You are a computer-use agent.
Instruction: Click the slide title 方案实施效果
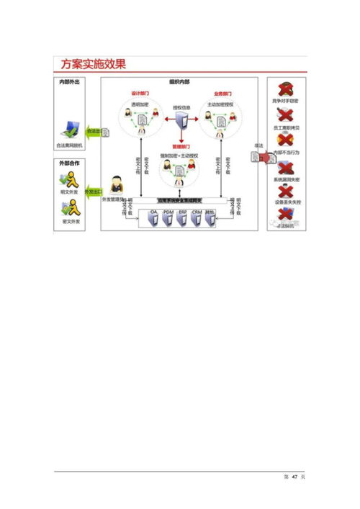[x=93, y=64]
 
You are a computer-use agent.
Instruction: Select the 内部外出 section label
[x=70, y=82]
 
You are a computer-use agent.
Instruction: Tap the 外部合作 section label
[x=70, y=165]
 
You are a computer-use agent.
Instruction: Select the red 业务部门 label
[x=223, y=94]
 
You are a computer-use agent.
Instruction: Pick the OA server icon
[x=153, y=219]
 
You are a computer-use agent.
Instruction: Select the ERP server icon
[x=181, y=219]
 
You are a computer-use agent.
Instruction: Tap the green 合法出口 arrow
[x=93, y=132]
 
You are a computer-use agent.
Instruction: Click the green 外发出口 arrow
[x=91, y=192]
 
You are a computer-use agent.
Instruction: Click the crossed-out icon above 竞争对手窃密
[x=285, y=91]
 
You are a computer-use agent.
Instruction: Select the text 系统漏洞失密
[x=285, y=179]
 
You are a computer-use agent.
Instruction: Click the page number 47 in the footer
[x=294, y=479]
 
